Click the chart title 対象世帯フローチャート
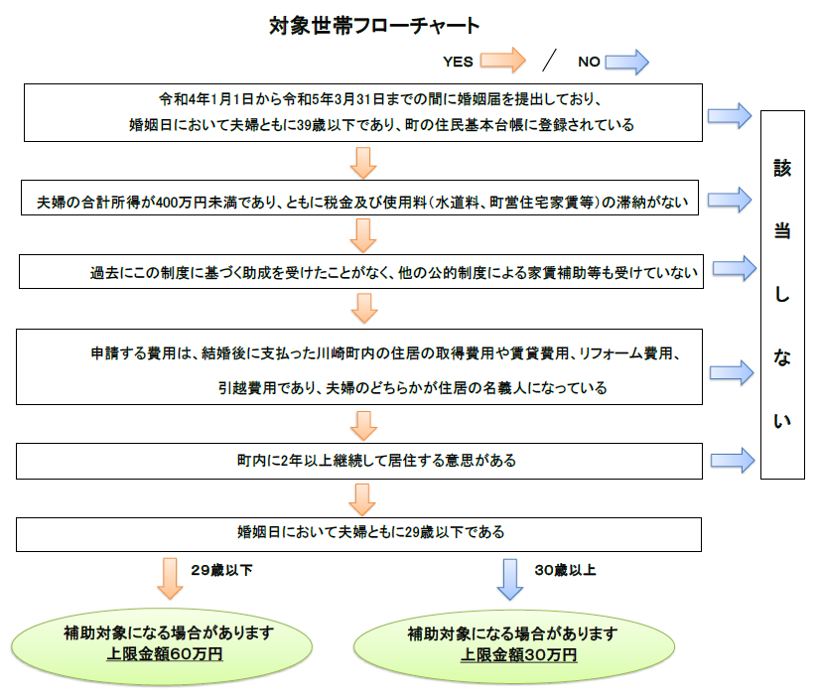[374, 26]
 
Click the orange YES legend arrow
[502, 61]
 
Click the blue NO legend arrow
[627, 62]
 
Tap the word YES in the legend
[458, 62]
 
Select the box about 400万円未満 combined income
[359, 198]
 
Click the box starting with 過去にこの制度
[360, 271]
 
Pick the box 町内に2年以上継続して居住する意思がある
[358, 461]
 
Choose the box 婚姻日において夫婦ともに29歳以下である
[358, 534]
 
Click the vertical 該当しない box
[782, 294]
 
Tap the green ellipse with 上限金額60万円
[162, 646]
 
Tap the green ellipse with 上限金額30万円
[514, 646]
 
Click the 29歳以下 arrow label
[221, 570]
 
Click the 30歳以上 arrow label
[565, 570]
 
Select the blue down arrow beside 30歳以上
[510, 579]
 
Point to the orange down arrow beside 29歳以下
[170, 578]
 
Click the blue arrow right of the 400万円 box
[730, 200]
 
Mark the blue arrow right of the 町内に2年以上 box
[733, 460]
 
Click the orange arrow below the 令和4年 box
[363, 163]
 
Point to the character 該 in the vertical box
[782, 169]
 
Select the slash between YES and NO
[550, 61]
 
